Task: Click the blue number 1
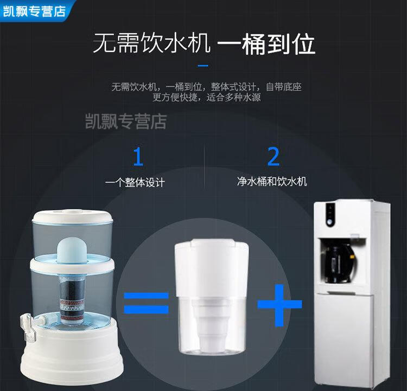[x=138, y=156]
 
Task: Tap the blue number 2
[x=274, y=156]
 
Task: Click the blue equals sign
[x=146, y=302]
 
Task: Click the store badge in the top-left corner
[x=35, y=11]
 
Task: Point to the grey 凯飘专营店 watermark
[x=126, y=121]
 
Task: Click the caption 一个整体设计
[x=135, y=182]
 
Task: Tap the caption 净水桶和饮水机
[x=272, y=181]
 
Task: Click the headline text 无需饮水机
[x=151, y=43]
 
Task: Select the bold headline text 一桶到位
[x=266, y=44]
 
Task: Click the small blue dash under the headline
[x=203, y=66]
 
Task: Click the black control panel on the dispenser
[x=330, y=215]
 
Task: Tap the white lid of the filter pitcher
[x=212, y=267]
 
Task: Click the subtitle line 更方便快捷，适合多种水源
[x=206, y=98]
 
